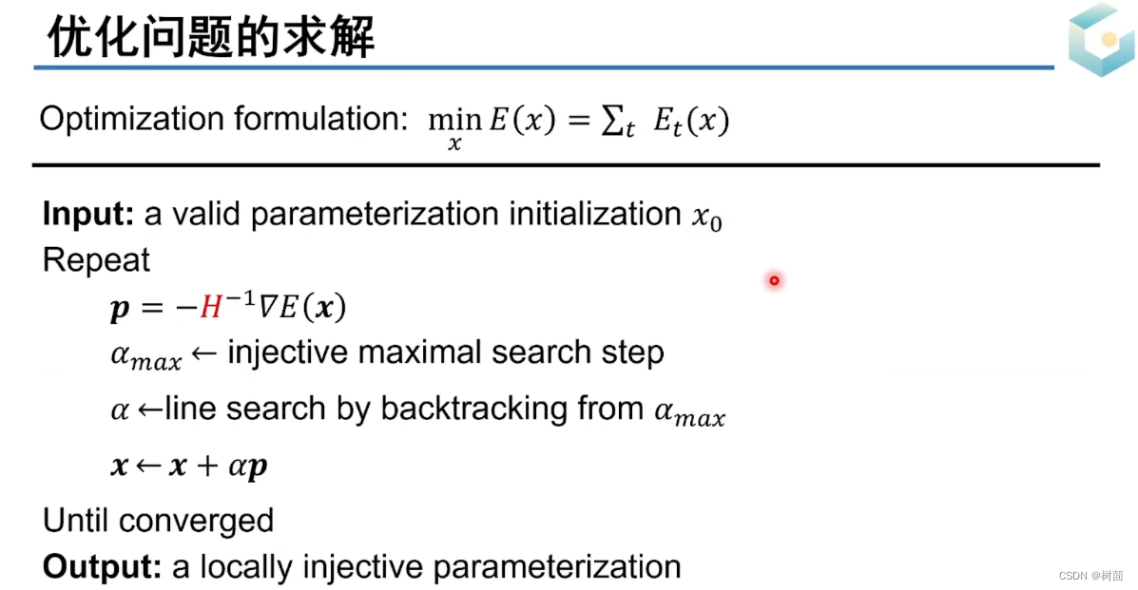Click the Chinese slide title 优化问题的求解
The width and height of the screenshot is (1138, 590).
pos(211,38)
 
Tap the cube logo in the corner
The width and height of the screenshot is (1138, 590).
pos(1101,39)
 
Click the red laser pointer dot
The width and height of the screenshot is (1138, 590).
pos(774,280)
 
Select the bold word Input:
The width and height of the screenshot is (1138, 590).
pos(88,215)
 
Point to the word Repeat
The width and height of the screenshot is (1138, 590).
pos(96,260)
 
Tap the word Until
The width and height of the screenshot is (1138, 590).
pos(77,521)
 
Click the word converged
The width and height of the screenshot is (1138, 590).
pos(197,521)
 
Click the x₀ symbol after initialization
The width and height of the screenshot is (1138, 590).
pos(706,219)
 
